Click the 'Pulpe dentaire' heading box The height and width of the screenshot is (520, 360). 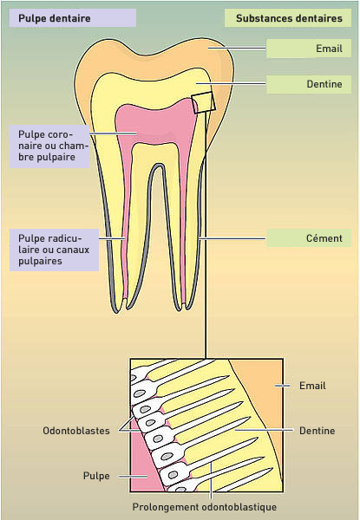coord(73,18)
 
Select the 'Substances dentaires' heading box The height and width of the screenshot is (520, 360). coord(288,18)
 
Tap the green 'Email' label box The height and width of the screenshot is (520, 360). coord(309,49)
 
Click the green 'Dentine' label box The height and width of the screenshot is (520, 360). coord(309,84)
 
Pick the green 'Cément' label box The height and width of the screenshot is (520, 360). coord(309,238)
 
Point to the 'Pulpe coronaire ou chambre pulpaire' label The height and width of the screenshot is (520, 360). coord(49,146)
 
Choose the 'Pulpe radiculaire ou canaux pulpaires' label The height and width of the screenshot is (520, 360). coord(54,250)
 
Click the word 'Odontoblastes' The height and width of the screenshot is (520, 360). coord(76,431)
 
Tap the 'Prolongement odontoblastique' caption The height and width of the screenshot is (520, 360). coord(205,507)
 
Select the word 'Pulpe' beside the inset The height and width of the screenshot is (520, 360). coord(96,476)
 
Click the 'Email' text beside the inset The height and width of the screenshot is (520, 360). coord(312,386)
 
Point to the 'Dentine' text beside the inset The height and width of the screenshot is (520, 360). coord(317,431)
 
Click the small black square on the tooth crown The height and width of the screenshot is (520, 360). coord(203,102)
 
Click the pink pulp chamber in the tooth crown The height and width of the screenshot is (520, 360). coord(156,123)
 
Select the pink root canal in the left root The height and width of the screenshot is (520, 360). coord(125,232)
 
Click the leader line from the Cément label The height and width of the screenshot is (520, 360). coord(232,238)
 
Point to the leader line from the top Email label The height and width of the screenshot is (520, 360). coord(237,48)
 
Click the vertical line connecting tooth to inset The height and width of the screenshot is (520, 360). coord(206,235)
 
